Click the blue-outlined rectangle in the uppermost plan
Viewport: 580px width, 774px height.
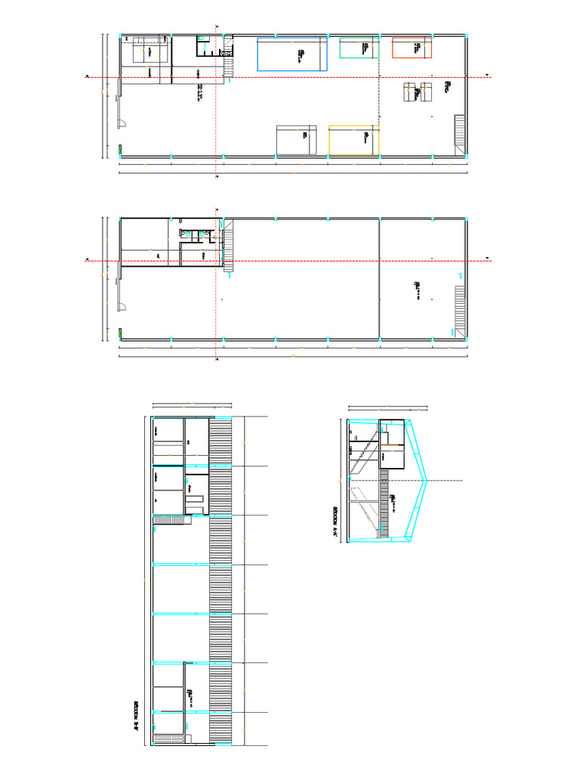(292, 54)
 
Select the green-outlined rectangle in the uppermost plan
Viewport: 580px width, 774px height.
(359, 48)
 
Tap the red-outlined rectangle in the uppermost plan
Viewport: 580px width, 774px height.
(412, 48)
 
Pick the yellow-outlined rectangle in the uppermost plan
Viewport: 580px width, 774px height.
(353, 141)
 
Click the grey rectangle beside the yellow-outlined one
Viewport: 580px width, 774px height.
(296, 140)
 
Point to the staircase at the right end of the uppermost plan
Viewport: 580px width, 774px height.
(458, 131)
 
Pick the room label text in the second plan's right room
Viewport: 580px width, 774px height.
(416, 288)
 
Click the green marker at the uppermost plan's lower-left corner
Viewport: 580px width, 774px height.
(121, 147)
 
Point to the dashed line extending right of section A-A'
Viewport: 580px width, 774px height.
(446, 481)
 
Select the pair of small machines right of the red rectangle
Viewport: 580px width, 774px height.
(417, 92)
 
